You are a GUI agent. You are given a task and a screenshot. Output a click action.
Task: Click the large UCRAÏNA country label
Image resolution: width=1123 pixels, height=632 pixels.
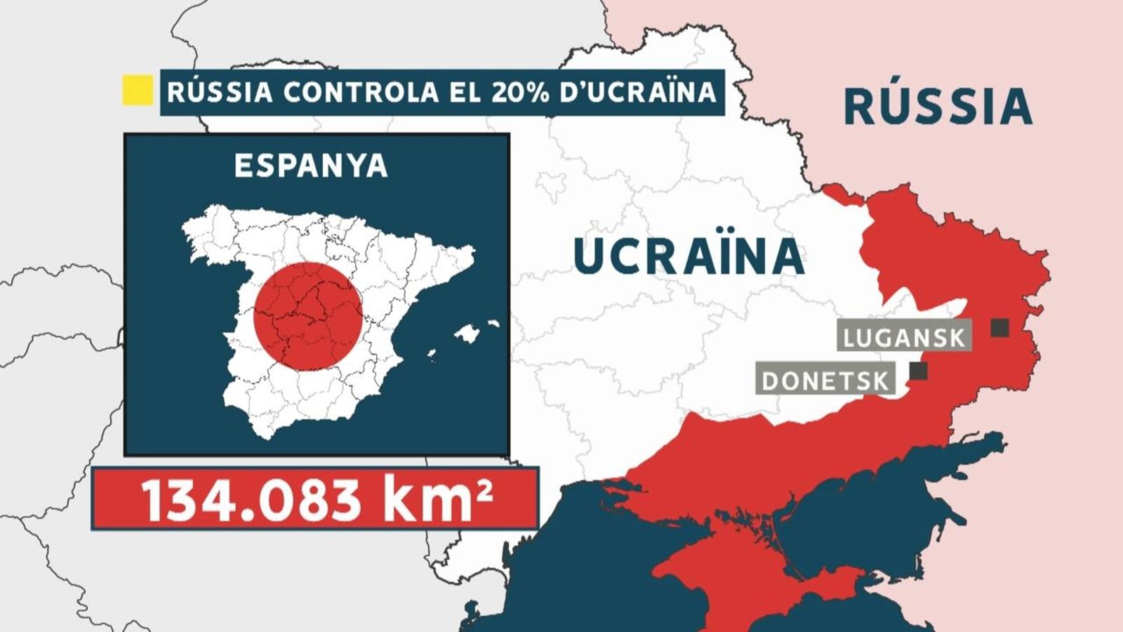689,256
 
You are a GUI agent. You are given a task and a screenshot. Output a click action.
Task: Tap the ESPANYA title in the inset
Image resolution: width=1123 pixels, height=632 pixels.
311,166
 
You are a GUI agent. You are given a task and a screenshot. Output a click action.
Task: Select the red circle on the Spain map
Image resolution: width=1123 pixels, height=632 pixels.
307,317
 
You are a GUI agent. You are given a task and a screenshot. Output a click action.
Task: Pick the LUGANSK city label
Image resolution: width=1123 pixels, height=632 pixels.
904,338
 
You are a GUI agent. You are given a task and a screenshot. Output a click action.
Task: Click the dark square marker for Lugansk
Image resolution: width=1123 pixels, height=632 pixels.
999,327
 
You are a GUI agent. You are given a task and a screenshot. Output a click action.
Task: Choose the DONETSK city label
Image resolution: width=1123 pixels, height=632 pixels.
825,381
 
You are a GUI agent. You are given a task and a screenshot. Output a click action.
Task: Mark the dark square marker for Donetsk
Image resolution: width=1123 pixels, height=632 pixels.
918,371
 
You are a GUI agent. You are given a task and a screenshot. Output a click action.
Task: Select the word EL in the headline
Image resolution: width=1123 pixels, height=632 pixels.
456,92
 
